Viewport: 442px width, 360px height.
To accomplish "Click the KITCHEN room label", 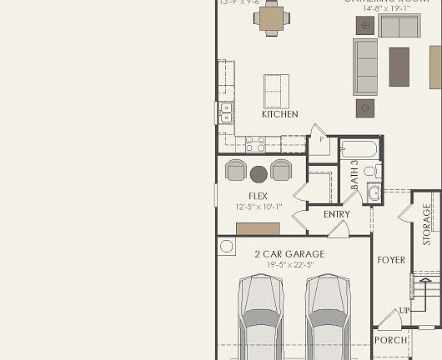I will (x=279, y=114).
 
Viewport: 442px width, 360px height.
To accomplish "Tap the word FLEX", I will (x=257, y=196).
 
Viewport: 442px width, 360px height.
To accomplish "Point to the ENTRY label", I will (x=337, y=214).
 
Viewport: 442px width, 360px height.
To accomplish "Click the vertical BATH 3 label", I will (x=354, y=175).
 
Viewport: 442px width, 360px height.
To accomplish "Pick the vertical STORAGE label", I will (x=427, y=223).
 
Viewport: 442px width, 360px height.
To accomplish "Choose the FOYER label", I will (x=391, y=260).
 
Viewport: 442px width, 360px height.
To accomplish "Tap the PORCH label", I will (x=390, y=340).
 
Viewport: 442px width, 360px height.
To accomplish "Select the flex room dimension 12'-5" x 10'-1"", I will (x=259, y=207).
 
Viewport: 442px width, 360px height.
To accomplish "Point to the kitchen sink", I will (x=225, y=112).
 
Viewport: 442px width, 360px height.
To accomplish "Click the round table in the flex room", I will (x=259, y=173).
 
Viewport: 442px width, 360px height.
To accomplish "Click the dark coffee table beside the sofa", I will (x=399, y=67).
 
